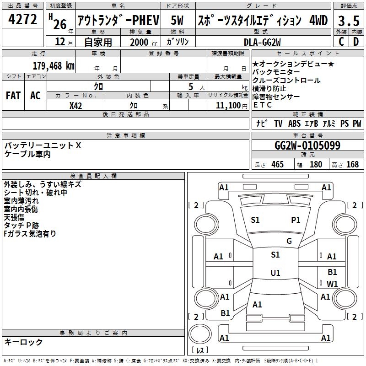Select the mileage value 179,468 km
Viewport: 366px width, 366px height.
point(54,66)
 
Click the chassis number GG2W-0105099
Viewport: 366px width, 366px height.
point(307,145)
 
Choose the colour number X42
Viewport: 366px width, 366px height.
point(76,105)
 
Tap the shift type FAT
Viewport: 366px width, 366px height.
point(13,95)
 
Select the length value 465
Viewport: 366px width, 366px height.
point(277,165)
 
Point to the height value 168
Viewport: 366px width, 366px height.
point(352,165)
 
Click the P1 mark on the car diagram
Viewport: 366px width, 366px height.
point(296,220)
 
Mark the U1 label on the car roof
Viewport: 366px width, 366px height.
point(275,273)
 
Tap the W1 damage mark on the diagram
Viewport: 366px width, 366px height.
point(332,284)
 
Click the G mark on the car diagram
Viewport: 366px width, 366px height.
point(289,241)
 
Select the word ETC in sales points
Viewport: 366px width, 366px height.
point(263,105)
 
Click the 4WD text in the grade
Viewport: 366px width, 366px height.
point(318,20)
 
